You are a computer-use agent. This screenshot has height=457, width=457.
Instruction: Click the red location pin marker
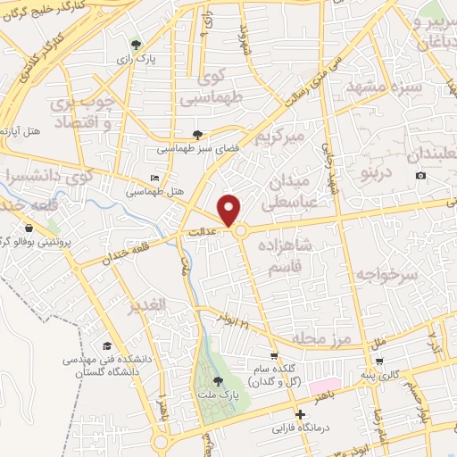pyautogui.click(x=231, y=210)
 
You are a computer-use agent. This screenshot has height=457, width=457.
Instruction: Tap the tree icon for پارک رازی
pyautogui.click(x=136, y=43)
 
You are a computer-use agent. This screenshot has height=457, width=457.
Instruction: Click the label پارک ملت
pyautogui.click(x=212, y=395)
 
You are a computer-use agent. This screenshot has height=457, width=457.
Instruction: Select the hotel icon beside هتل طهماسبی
pyautogui.click(x=155, y=179)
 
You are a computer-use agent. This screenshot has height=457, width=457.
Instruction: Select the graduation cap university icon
pyautogui.click(x=107, y=345)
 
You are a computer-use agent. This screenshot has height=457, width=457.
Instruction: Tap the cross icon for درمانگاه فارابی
pyautogui.click(x=300, y=414)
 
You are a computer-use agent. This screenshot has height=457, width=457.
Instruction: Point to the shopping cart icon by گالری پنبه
pyautogui.click(x=382, y=361)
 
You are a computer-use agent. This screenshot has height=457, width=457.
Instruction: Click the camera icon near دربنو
pyautogui.click(x=420, y=176)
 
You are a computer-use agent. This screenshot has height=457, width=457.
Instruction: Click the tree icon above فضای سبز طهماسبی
pyautogui.click(x=197, y=136)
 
